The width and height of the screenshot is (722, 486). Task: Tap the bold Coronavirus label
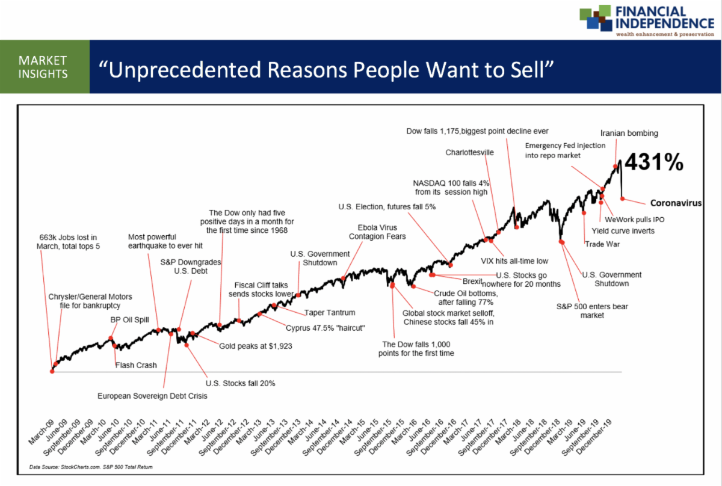click(676, 203)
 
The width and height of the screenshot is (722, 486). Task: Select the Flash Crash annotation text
click(136, 365)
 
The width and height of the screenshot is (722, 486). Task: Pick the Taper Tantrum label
click(329, 313)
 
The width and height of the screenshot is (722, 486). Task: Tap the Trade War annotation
click(602, 244)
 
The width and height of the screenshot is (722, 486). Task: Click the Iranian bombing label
click(629, 133)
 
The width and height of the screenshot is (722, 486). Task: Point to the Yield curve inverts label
click(623, 230)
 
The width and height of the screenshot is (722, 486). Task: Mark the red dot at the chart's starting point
click(52, 371)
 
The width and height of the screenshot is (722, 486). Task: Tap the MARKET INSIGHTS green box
click(44, 67)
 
